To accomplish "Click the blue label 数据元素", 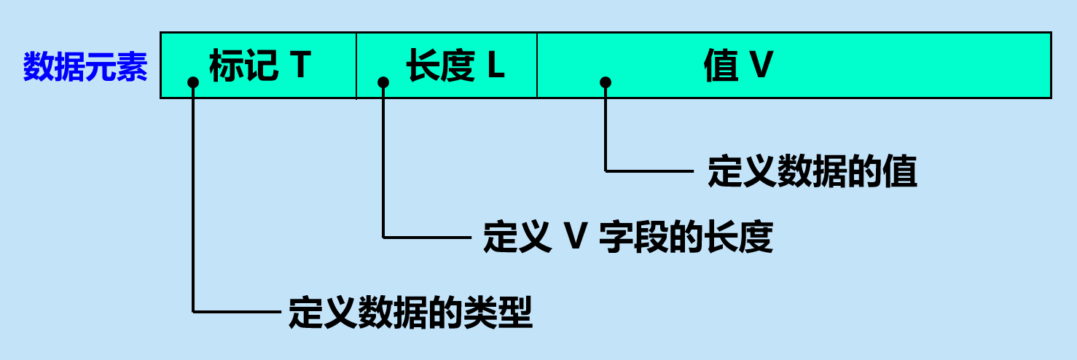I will click(x=85, y=67).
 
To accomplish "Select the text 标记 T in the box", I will click(x=260, y=66).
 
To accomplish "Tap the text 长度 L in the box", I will click(x=455, y=66).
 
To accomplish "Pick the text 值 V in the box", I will click(x=737, y=66).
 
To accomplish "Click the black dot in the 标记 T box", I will click(x=193, y=82).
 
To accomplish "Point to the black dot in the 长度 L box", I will click(x=383, y=82).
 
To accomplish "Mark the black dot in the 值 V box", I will click(x=606, y=82).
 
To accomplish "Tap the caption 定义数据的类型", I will click(x=410, y=313).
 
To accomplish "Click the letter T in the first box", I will click(x=299, y=66).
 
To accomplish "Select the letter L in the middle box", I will click(x=496, y=66).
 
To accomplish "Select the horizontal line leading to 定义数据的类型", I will click(x=238, y=312).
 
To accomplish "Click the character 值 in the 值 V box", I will click(x=721, y=66).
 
